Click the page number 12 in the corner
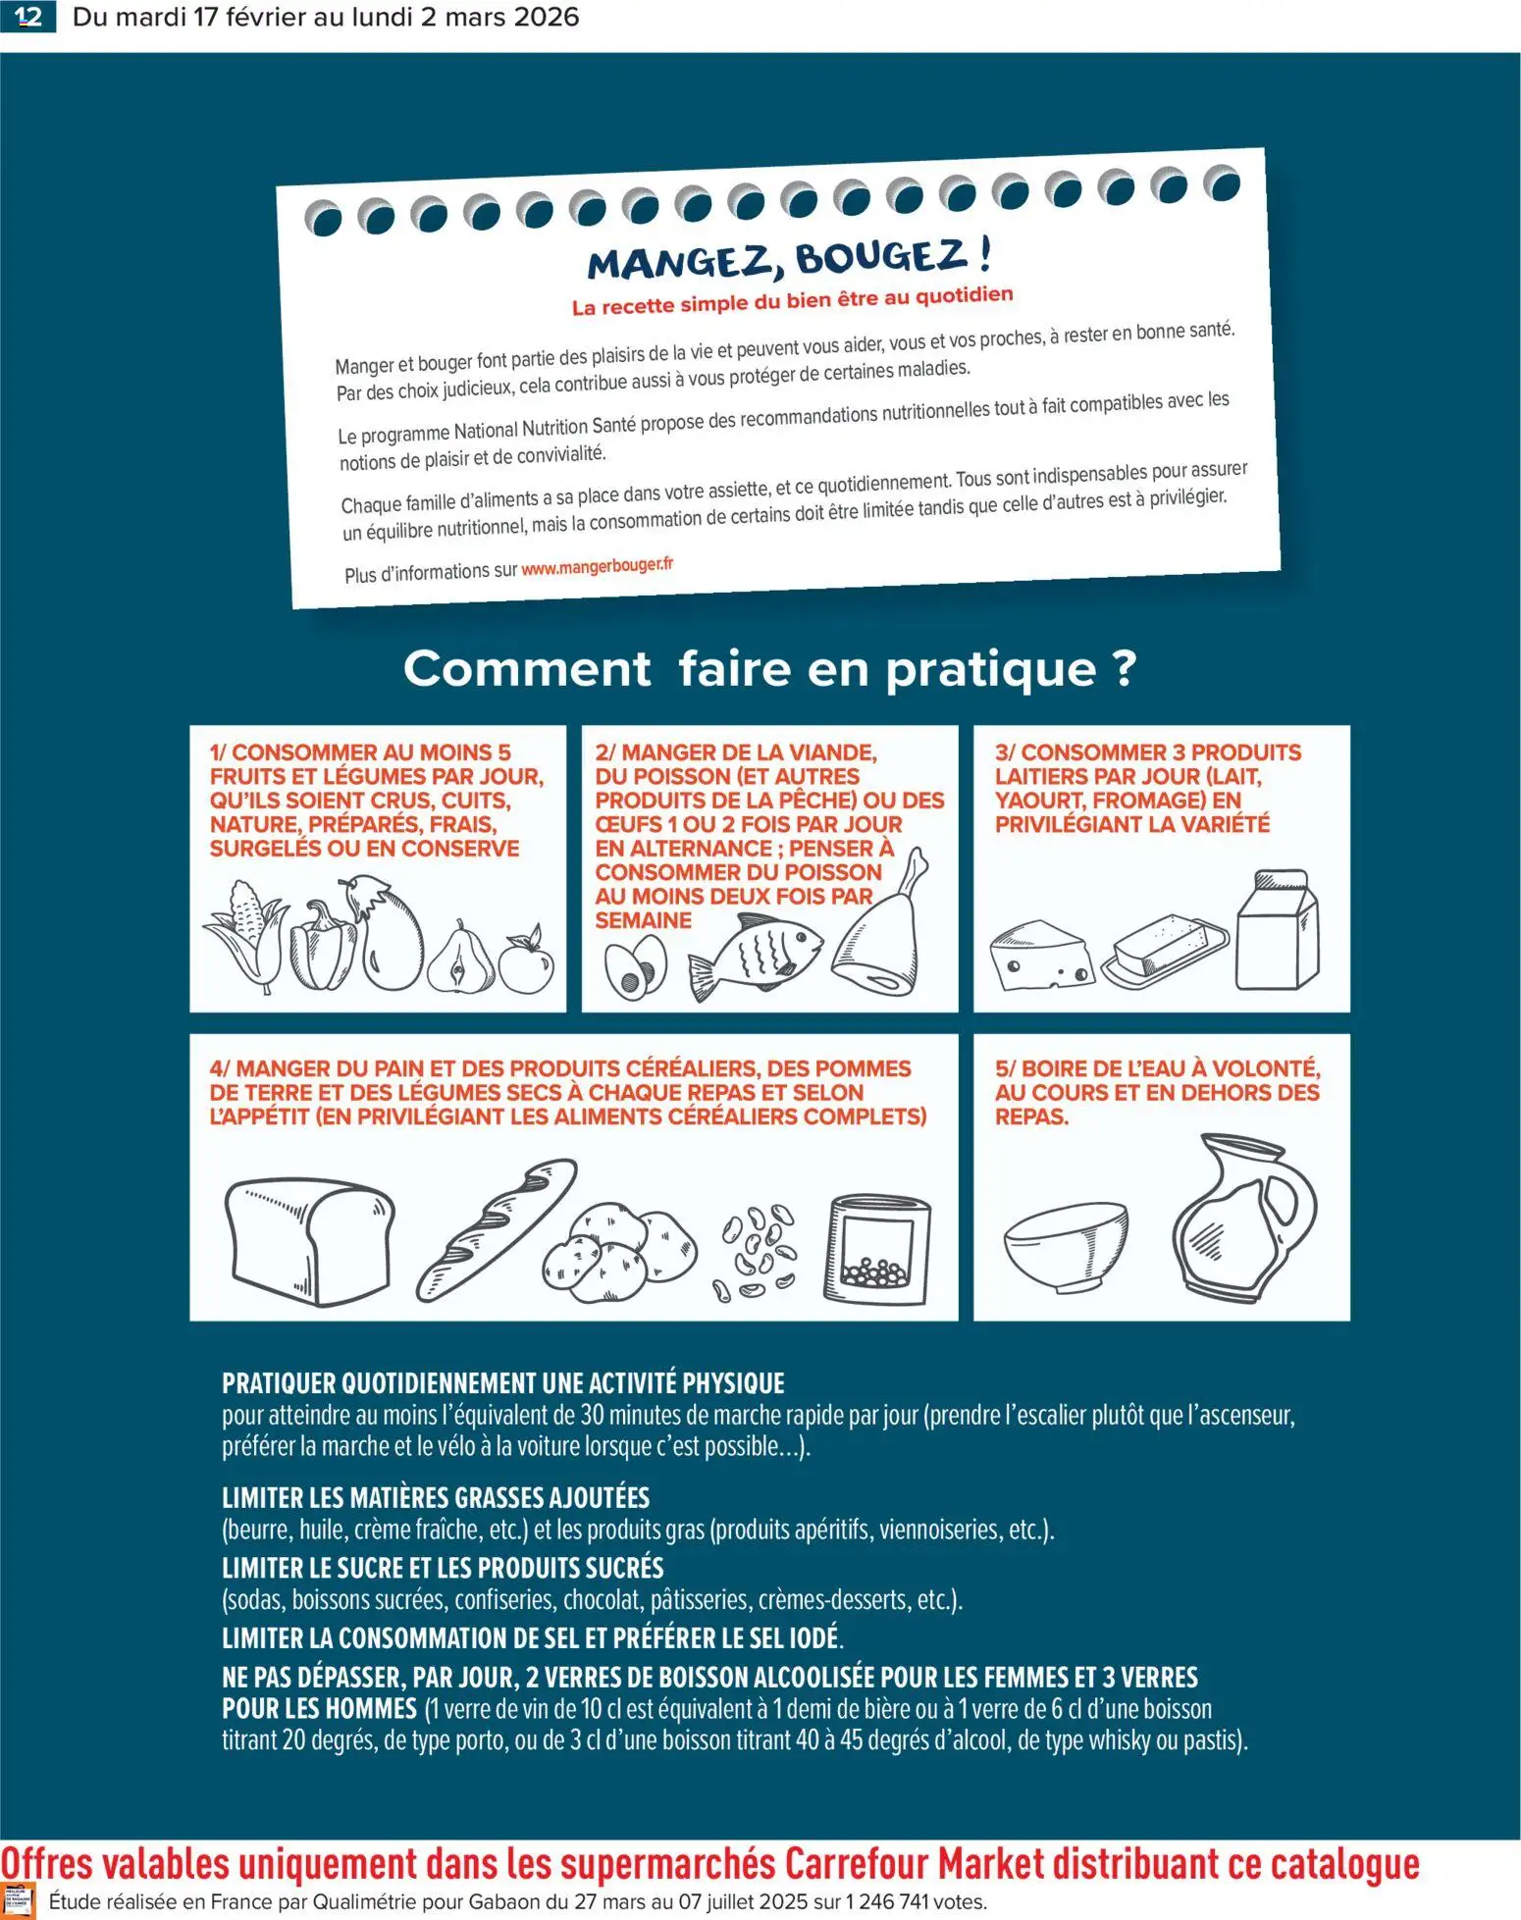tap(27, 17)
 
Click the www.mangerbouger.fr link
tap(597, 566)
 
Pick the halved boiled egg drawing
tap(634, 968)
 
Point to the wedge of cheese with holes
tap(1040, 956)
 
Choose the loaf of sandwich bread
tap(309, 1239)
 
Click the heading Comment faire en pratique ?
tap(769, 669)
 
